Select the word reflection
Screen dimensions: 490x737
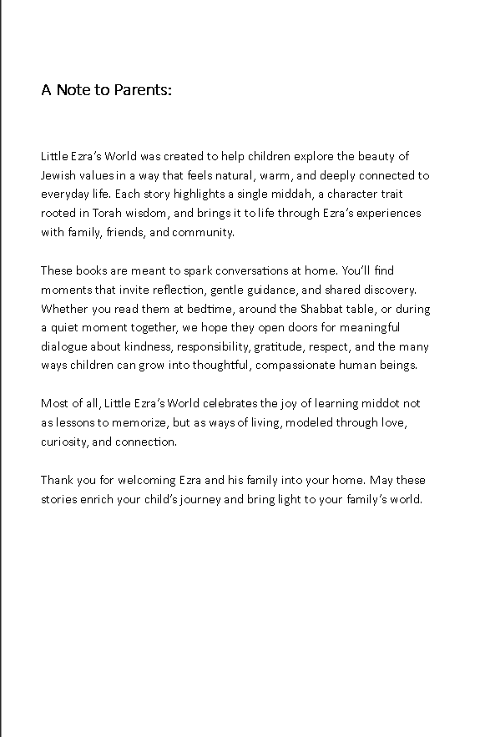[x=178, y=290]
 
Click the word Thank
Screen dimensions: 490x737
[x=57, y=480]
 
